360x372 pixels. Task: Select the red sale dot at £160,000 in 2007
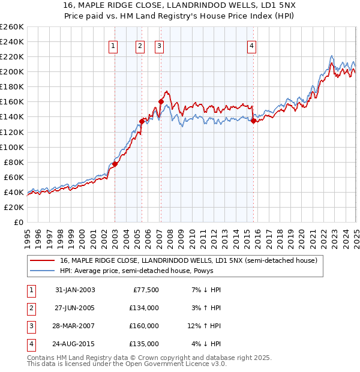161,102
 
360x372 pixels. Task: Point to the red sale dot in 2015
253,121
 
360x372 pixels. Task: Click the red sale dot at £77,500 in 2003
115,164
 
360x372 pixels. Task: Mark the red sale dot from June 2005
142,121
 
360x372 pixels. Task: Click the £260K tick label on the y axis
11,27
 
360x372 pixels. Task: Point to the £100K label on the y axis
11,147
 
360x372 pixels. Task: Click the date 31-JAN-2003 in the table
75,290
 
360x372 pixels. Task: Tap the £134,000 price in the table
145,308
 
